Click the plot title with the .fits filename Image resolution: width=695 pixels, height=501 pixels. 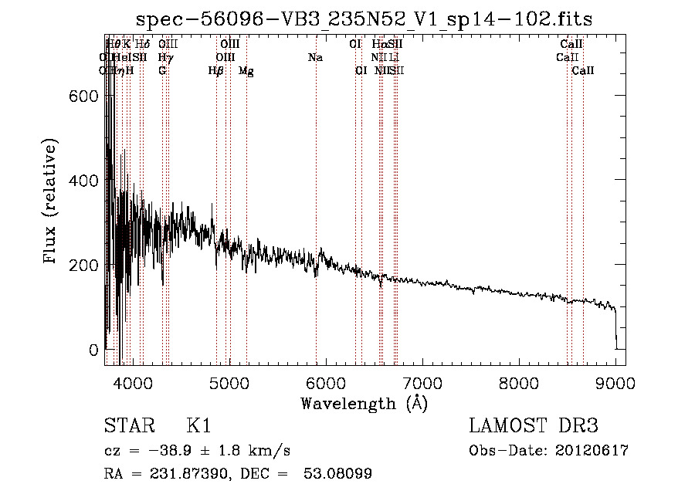point(364,20)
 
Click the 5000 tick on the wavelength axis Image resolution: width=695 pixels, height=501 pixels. point(229,381)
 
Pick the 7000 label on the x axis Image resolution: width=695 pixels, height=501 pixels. point(422,381)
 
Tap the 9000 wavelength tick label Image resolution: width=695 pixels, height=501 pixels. point(615,381)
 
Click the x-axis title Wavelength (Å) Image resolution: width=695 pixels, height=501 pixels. point(364,403)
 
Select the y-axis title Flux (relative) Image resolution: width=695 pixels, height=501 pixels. point(52,202)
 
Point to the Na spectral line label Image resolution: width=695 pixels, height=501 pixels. point(315,57)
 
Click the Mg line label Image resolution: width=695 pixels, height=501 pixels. point(246,71)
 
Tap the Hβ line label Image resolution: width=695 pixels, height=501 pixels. point(216,71)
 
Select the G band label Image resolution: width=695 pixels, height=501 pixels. point(162,71)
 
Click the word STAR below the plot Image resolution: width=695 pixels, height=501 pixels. point(129,427)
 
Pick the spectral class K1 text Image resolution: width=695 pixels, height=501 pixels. point(198,427)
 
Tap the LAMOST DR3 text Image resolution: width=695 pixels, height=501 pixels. point(534,427)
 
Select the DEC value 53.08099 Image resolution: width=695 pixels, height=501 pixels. point(340,474)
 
